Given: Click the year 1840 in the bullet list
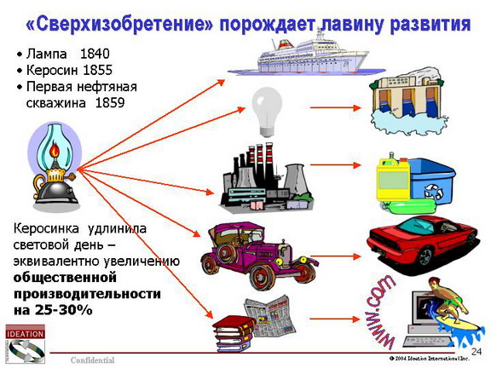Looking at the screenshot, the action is click(x=95, y=54).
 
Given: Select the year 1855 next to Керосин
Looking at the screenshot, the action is click(x=97, y=70).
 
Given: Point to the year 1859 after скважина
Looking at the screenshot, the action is click(x=110, y=102).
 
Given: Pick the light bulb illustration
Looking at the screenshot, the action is click(x=267, y=112).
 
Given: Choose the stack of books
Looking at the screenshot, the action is click(x=234, y=333).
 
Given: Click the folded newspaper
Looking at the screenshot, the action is click(x=270, y=316).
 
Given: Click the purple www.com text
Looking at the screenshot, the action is click(x=379, y=313).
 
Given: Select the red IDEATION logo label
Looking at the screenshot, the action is click(x=25, y=334).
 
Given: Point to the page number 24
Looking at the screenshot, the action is click(x=477, y=352).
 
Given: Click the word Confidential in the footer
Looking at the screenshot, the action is click(x=93, y=360).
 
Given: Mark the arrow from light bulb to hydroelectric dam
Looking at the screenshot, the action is click(x=335, y=107).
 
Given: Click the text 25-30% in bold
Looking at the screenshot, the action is click(x=64, y=310).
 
